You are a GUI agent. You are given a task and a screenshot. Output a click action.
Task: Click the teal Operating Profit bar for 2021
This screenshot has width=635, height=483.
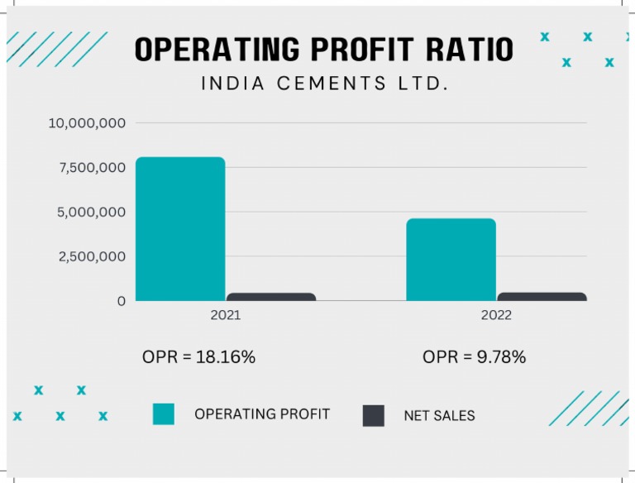coord(180,229)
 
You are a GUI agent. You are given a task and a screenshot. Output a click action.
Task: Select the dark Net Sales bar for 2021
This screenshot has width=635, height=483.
coord(271,297)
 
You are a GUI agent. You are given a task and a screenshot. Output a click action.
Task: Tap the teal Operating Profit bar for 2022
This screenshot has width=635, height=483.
coord(451,260)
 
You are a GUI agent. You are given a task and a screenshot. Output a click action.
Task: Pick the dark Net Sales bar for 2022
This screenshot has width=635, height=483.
coord(542,296)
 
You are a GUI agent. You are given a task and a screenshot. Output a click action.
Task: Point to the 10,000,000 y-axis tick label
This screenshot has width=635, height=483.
coord(87,123)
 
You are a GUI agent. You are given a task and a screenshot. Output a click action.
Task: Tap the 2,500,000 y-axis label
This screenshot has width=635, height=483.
coord(91,256)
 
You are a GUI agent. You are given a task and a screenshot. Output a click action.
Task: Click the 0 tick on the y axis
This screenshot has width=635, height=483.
coord(122,301)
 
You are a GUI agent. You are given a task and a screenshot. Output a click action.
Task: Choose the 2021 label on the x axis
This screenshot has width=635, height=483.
coord(226,315)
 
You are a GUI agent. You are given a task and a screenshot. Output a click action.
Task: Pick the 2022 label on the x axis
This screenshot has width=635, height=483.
coord(496,315)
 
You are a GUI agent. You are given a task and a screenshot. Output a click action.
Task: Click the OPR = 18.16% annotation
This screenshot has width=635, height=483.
coord(198,357)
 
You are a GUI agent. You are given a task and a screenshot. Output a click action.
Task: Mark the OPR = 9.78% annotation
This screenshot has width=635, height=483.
coord(474,357)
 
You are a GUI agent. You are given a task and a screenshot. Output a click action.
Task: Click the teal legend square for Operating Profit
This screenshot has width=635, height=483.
coord(164,414)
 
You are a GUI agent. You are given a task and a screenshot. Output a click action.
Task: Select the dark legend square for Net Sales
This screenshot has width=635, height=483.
coord(374,415)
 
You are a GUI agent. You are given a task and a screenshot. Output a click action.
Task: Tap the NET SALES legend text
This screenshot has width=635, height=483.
coord(439,416)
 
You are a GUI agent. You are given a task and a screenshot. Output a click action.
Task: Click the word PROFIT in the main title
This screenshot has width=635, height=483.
coord(367,50)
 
